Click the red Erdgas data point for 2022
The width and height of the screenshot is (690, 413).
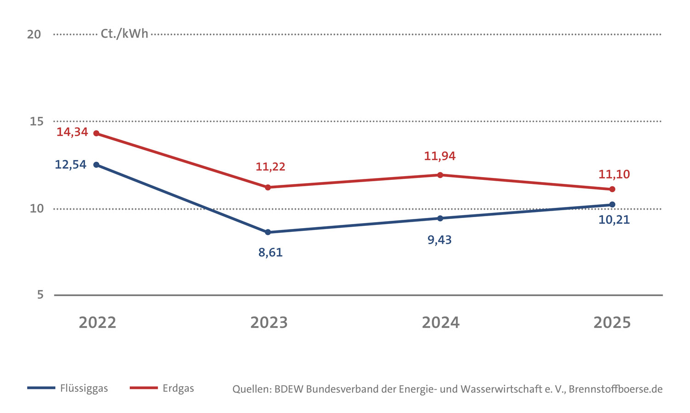(96, 133)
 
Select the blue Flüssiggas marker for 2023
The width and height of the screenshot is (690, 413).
(268, 232)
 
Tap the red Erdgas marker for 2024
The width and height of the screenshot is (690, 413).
(440, 175)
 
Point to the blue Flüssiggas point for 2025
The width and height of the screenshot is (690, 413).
(612, 205)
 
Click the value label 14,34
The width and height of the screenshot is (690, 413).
(72, 132)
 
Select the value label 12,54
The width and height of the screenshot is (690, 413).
(70, 165)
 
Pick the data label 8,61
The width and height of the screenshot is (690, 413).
(270, 252)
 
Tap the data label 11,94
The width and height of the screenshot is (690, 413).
(440, 156)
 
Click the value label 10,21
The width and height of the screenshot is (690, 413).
(614, 220)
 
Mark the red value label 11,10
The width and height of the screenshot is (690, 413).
(614, 174)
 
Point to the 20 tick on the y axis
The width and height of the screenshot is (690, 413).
(34, 34)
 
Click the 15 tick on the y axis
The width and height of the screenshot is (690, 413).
(36, 121)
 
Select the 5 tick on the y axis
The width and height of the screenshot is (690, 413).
(40, 295)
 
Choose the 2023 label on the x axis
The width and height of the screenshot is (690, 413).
(269, 323)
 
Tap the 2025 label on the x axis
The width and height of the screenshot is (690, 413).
(612, 323)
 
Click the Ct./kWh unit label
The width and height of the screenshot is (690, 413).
(124, 34)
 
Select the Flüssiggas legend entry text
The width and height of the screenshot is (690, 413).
(84, 388)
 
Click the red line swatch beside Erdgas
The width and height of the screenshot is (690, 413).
(144, 388)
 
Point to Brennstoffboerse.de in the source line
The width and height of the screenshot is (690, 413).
(615, 389)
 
